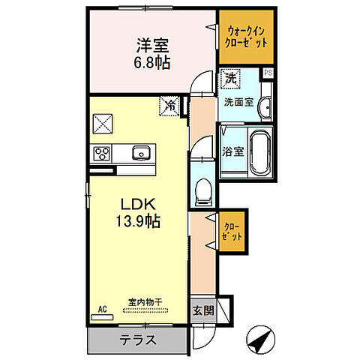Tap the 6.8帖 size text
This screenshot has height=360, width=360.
[153, 62]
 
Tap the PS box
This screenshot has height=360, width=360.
[268, 73]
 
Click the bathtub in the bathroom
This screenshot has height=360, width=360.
[260, 150]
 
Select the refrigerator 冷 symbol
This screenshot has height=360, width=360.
[171, 106]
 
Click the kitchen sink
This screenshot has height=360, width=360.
[140, 154]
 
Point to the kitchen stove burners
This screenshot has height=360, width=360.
[101, 154]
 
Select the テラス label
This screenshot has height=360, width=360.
[138, 340]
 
